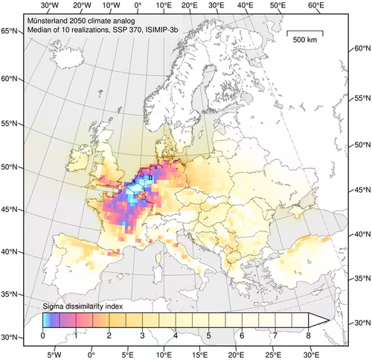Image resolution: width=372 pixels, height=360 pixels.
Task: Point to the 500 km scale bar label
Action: [x=307, y=39]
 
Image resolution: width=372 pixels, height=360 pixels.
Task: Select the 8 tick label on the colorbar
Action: [x=307, y=336]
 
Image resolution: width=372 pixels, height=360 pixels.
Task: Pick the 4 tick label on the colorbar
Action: [x=175, y=336]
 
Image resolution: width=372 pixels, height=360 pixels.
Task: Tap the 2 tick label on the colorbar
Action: [x=109, y=336]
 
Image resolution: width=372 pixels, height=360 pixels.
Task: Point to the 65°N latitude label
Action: [x=10, y=31]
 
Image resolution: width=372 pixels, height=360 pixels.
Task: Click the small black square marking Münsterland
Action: [x=150, y=179]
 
